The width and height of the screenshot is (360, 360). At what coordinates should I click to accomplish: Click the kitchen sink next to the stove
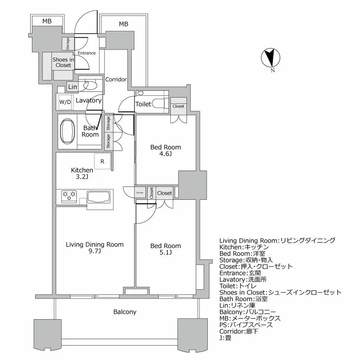[x=98, y=197]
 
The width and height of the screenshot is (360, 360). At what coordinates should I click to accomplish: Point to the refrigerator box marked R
[x=102, y=161]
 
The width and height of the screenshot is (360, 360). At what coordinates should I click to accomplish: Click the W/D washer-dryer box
[x=65, y=102]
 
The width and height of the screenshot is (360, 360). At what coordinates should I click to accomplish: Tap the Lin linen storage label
[x=73, y=87]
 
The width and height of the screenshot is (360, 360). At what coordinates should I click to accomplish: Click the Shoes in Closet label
[x=63, y=62]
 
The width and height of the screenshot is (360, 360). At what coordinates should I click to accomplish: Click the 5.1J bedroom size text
[x=165, y=253]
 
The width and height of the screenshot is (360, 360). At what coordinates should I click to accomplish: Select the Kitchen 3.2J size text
[x=81, y=177]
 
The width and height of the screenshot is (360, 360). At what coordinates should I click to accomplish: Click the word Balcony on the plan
[x=125, y=312]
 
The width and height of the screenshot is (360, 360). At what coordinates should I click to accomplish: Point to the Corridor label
[x=116, y=79]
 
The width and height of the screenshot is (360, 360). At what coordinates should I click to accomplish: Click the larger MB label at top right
[x=123, y=24]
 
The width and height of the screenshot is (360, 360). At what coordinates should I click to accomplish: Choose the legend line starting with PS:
[x=246, y=325]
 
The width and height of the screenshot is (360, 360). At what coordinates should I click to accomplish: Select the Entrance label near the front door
[x=87, y=53]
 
